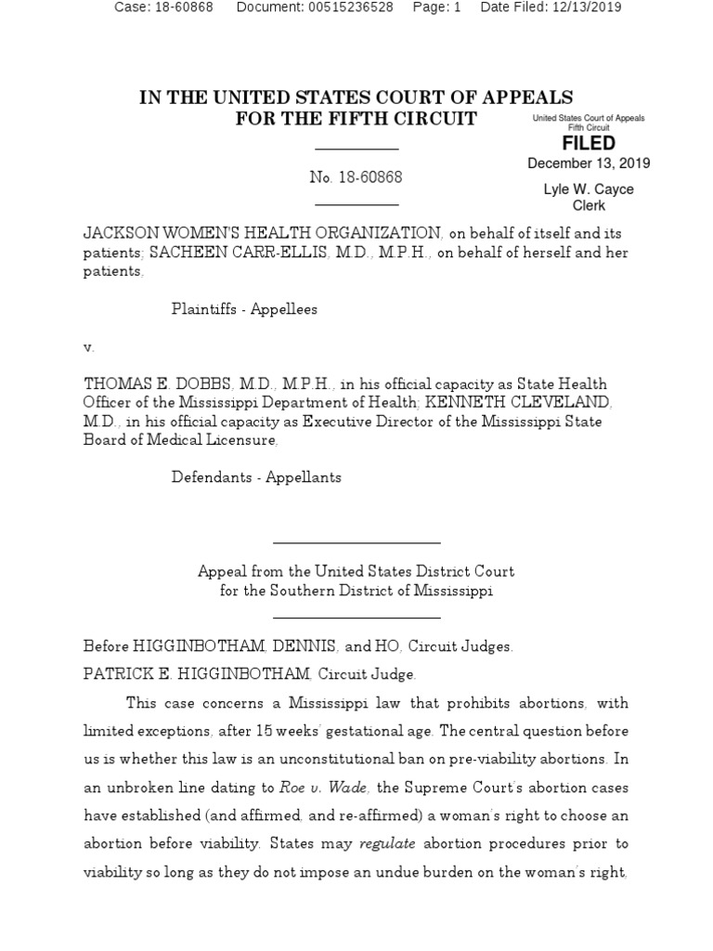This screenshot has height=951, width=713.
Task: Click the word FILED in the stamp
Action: [589, 143]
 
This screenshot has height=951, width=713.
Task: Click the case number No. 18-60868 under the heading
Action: [356, 176]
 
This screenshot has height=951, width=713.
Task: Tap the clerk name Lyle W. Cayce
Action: [589, 189]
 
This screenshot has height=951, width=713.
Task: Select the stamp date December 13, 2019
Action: [589, 163]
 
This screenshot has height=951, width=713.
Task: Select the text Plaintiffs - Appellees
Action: [244, 309]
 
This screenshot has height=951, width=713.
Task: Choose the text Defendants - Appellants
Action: [256, 477]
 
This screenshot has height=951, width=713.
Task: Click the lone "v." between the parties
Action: [89, 347]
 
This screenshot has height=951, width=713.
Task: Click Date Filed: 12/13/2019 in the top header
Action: [551, 7]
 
